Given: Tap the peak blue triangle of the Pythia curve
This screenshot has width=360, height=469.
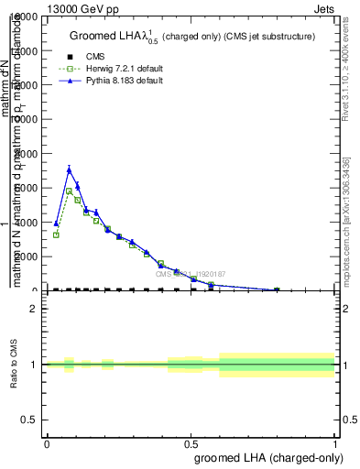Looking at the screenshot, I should tap(69, 169).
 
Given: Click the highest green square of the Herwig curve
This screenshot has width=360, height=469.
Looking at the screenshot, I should tap(69, 191).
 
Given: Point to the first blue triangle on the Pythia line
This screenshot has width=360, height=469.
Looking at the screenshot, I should tap(56, 224).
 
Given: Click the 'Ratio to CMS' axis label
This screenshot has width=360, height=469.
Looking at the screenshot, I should tap(14, 364).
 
